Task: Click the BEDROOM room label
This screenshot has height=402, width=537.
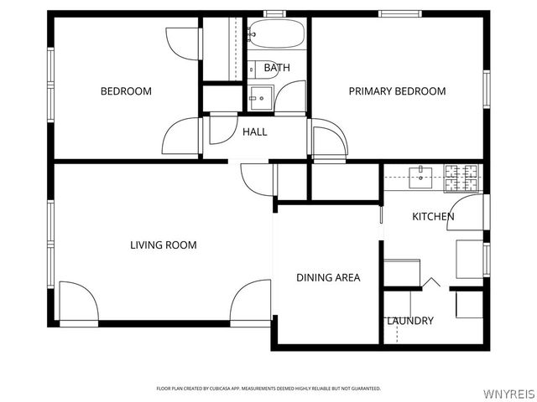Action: coord(126,91)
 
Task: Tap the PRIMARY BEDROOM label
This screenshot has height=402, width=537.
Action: coord(397,91)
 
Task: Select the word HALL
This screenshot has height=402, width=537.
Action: coord(255,132)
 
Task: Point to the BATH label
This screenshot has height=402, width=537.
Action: coord(277,68)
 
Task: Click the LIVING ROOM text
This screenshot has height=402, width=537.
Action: coord(164,245)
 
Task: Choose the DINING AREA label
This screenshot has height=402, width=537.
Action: coord(328,277)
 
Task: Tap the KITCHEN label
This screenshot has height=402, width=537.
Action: coord(433,217)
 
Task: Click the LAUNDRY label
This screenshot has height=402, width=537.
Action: coord(410,321)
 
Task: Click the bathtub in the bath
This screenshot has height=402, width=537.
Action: coord(276,33)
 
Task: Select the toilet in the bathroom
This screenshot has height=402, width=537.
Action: coord(263,70)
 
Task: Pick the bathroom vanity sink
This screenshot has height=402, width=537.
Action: coord(261,99)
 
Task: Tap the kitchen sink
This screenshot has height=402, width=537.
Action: coord(420,178)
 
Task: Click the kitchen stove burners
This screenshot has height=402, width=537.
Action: coord(461,178)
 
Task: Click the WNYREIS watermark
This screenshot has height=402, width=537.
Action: coord(509,394)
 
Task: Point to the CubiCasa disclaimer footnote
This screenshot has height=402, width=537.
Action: coord(268,389)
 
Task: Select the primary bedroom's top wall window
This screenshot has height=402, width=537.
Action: coord(400,13)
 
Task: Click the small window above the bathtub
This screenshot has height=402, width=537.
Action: coord(274,13)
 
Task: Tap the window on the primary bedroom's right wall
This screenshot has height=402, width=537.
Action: coord(487,90)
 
